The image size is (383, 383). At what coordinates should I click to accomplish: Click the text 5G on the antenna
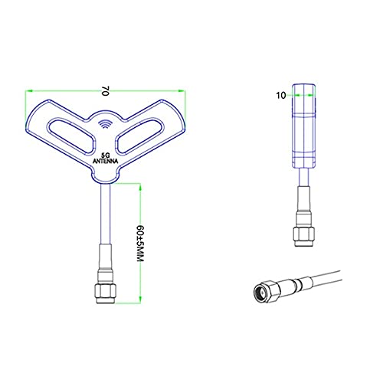(105, 154)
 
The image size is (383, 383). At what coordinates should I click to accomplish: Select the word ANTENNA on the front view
(105, 162)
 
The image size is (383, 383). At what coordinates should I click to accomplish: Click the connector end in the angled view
(264, 290)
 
